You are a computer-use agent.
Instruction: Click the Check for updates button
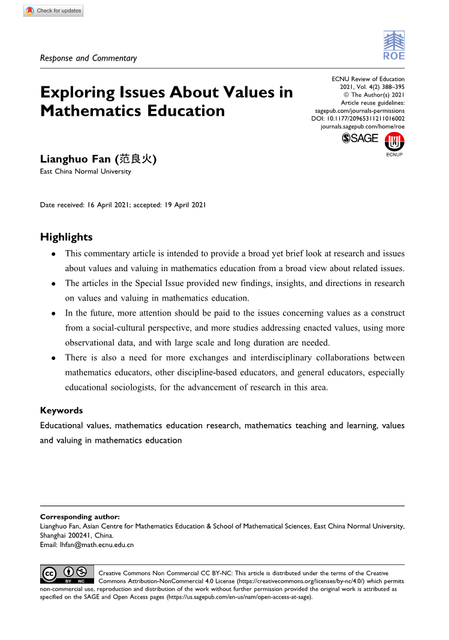coord(53,11)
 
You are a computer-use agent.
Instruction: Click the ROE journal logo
coord(393,46)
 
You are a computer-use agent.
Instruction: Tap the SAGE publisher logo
coord(360,138)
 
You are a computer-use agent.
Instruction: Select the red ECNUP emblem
coord(394,142)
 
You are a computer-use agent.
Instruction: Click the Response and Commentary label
coord(88,58)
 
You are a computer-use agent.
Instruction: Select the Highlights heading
coord(66,237)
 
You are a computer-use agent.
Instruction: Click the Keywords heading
coord(61,411)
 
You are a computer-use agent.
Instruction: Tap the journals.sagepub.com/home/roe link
coord(363,127)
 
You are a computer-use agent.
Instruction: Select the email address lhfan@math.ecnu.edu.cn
coord(93,545)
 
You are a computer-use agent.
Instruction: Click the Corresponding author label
coord(80,516)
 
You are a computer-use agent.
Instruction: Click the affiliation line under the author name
coord(85,172)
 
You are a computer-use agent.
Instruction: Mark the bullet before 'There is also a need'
coord(54,359)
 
